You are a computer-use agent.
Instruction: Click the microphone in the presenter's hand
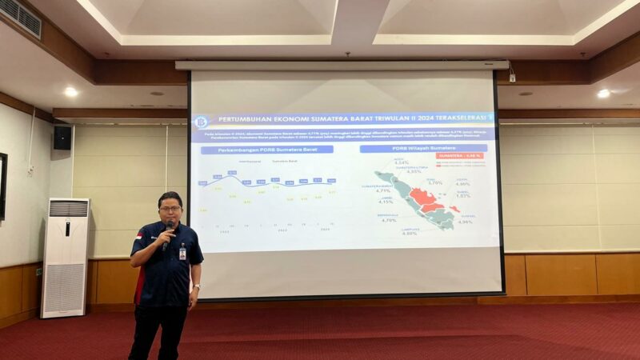coord(167,233)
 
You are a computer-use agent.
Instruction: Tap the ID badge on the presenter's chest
coord(182,254)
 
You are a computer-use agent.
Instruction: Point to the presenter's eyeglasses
coord(170,209)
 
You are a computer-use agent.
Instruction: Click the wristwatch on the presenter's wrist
coord(195,286)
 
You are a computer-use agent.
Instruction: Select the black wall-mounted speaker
coord(62,138)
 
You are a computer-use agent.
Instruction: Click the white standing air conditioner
coord(66,258)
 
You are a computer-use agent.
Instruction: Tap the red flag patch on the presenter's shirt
coord(138,237)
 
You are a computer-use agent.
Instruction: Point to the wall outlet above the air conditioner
coord(30,170)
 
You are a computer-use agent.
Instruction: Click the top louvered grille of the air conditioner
coord(69,208)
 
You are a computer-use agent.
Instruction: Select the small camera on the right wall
coord(512,78)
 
